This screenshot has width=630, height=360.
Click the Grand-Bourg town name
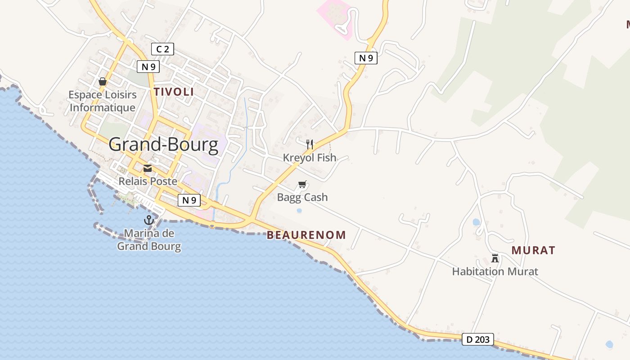coord(163,144)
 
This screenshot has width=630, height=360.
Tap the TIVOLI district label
coord(174,92)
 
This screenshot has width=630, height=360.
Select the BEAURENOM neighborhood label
coord(306,235)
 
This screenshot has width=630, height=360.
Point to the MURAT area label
coord(533,251)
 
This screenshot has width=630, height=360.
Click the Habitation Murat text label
coord(495,272)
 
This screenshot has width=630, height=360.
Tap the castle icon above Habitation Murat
coord(495,258)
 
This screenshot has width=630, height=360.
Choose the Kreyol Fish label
coord(310,157)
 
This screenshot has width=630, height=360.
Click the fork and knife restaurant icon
coord(310,144)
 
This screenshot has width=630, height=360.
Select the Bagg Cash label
coord(302,197)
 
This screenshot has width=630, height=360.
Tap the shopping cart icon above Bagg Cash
coord(302,184)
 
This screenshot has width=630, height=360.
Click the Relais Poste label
coord(148,181)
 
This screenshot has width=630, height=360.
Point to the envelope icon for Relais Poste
coord(148,168)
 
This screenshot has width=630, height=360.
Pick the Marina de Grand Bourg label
coord(149,240)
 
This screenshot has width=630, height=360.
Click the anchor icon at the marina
coord(149,220)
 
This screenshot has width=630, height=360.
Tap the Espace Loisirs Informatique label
coord(103,101)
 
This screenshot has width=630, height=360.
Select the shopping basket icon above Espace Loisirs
coord(103,81)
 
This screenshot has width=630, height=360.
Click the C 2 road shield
coord(162,49)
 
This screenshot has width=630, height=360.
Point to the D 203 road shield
coord(478,339)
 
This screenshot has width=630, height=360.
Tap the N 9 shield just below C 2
coord(148,67)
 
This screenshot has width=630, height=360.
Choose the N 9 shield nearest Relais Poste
coord(189,200)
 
